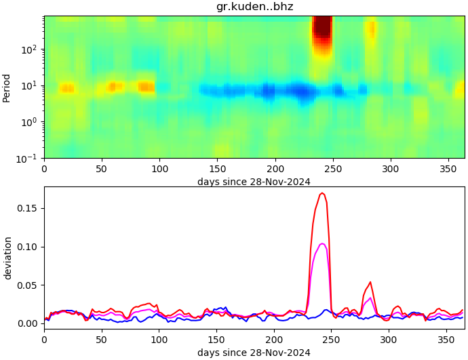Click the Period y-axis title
[7, 87]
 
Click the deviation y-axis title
[7, 258]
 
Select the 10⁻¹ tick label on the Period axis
[30, 158]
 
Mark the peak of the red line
[323, 193]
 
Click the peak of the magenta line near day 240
[322, 243]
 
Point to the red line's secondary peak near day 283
[370, 282]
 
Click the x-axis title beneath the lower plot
[254, 353]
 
